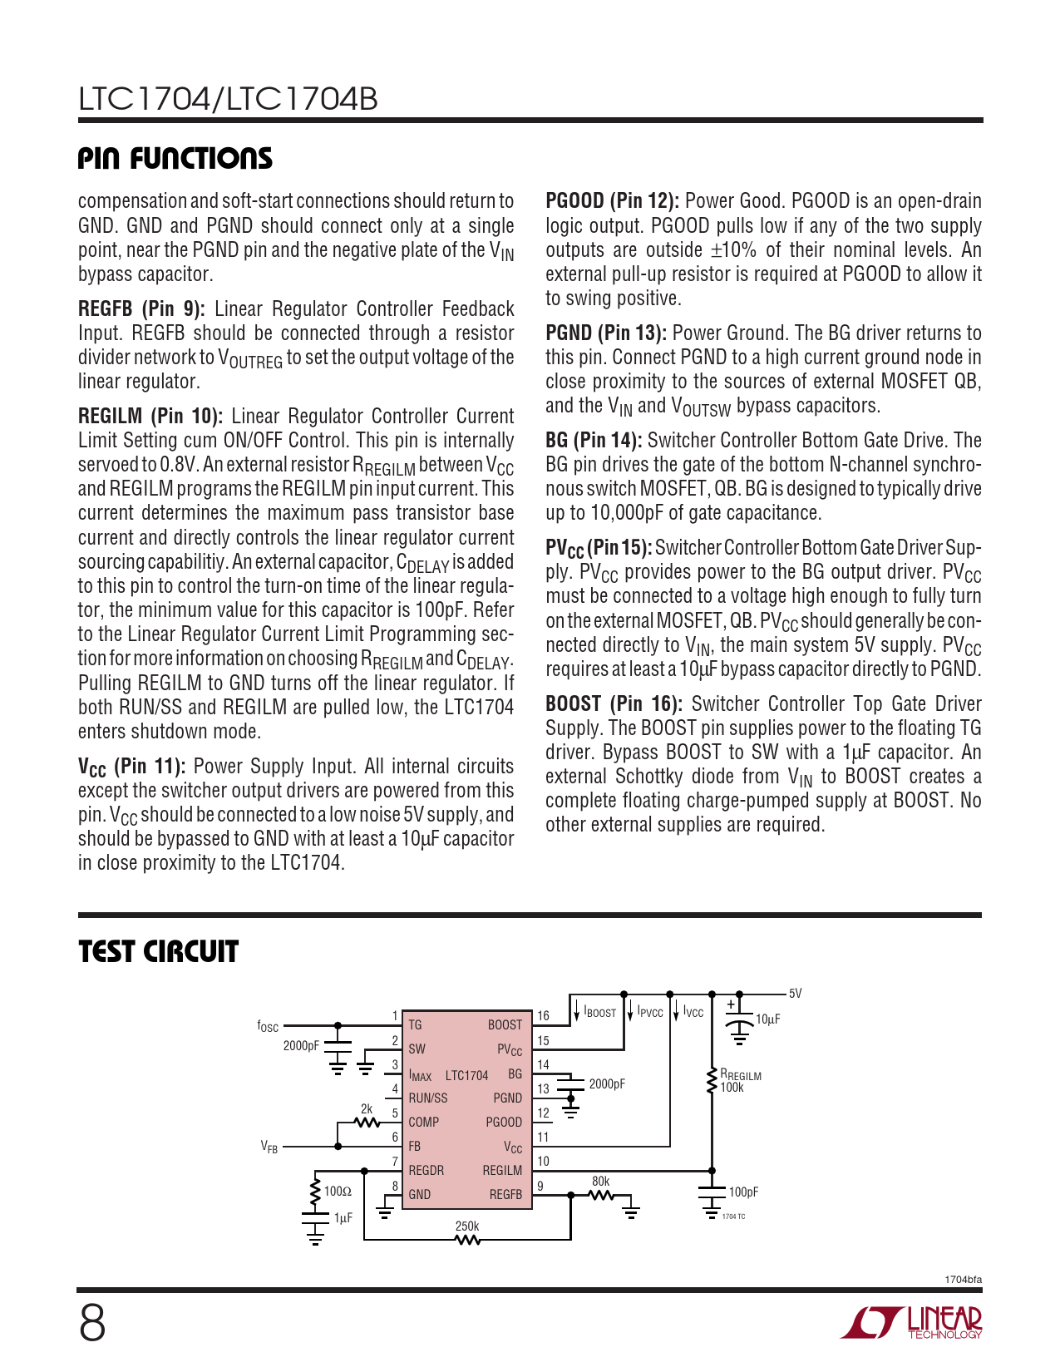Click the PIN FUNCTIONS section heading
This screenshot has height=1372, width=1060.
(x=175, y=158)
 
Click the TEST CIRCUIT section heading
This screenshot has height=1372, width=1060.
(x=158, y=951)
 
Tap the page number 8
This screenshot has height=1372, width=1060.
(x=92, y=1324)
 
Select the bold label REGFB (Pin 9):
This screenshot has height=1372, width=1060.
(x=141, y=309)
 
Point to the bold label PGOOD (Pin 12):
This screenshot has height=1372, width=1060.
(x=612, y=201)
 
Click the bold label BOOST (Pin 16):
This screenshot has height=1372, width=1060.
(x=614, y=704)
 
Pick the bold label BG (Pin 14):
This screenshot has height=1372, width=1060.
(x=594, y=441)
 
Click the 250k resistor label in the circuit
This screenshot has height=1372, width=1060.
(x=467, y=1226)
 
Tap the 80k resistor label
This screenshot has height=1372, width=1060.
(x=600, y=1182)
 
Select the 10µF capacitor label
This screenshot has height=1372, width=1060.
(x=767, y=1019)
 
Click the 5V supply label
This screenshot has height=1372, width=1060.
(x=795, y=994)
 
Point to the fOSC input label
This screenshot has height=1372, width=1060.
(x=268, y=1027)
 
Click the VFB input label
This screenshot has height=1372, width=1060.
(x=269, y=1147)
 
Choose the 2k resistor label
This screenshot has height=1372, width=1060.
(x=367, y=1109)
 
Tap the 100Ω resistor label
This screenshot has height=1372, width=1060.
(x=338, y=1192)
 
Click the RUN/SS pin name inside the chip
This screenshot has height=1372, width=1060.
(x=428, y=1098)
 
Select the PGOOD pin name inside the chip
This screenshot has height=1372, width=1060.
(x=504, y=1123)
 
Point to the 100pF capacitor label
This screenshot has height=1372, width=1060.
(x=743, y=1192)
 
